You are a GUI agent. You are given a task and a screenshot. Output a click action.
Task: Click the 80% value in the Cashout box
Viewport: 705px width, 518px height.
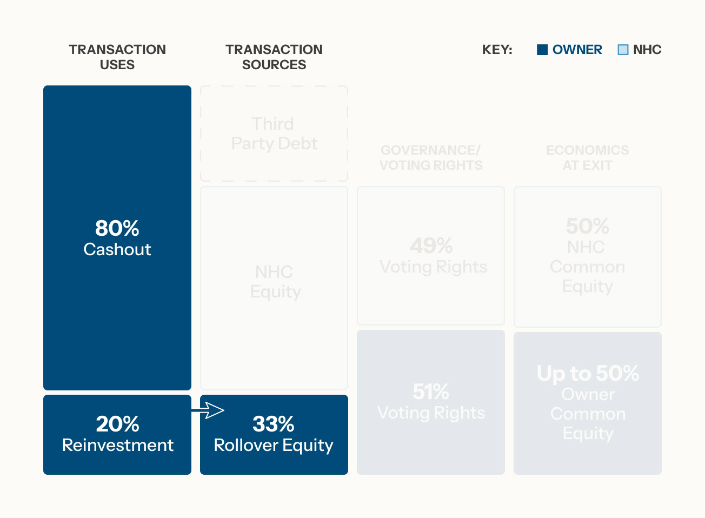pyautogui.click(x=117, y=228)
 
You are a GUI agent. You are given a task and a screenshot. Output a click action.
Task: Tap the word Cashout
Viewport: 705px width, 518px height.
pyautogui.click(x=117, y=249)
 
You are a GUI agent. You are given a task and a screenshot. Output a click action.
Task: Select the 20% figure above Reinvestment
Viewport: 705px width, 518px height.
pyautogui.click(x=117, y=424)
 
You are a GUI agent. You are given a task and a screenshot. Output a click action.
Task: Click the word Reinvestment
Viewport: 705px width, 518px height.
pyautogui.click(x=117, y=445)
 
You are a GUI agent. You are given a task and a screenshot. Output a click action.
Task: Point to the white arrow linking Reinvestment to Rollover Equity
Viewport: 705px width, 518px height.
pyautogui.click(x=208, y=411)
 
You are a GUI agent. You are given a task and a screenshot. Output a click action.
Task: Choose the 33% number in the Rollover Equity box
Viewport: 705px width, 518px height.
pyautogui.click(x=274, y=424)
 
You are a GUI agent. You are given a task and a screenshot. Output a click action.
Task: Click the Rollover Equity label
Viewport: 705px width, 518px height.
pyautogui.click(x=274, y=445)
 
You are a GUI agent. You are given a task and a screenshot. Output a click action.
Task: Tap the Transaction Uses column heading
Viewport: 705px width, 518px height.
pyautogui.click(x=117, y=57)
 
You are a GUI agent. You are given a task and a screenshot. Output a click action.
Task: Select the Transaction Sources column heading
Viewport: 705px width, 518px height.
pyautogui.click(x=274, y=57)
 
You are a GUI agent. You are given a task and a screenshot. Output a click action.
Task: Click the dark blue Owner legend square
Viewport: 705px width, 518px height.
pyautogui.click(x=542, y=50)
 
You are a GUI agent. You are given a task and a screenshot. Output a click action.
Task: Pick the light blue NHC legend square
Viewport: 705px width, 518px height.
pyautogui.click(x=623, y=50)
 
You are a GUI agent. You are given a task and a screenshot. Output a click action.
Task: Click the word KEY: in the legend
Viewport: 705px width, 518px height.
pyautogui.click(x=497, y=50)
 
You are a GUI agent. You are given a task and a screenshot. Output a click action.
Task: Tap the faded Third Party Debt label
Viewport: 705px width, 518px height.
pyautogui.click(x=274, y=134)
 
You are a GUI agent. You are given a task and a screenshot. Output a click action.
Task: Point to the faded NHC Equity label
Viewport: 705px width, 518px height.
pyautogui.click(x=275, y=282)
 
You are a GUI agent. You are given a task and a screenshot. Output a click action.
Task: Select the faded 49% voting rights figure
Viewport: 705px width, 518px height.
pyautogui.click(x=431, y=246)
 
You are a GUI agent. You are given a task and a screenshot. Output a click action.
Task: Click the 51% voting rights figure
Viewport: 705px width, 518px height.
pyautogui.click(x=431, y=392)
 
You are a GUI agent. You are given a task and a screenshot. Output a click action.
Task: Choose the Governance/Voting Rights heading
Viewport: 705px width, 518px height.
pyautogui.click(x=431, y=157)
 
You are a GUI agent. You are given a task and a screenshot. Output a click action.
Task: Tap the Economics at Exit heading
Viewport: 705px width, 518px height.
pyautogui.click(x=588, y=157)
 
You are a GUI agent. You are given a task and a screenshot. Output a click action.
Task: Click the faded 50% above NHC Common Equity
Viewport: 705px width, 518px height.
pyautogui.click(x=588, y=226)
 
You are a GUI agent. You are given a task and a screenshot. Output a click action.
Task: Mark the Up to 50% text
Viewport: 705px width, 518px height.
pyautogui.click(x=588, y=373)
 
